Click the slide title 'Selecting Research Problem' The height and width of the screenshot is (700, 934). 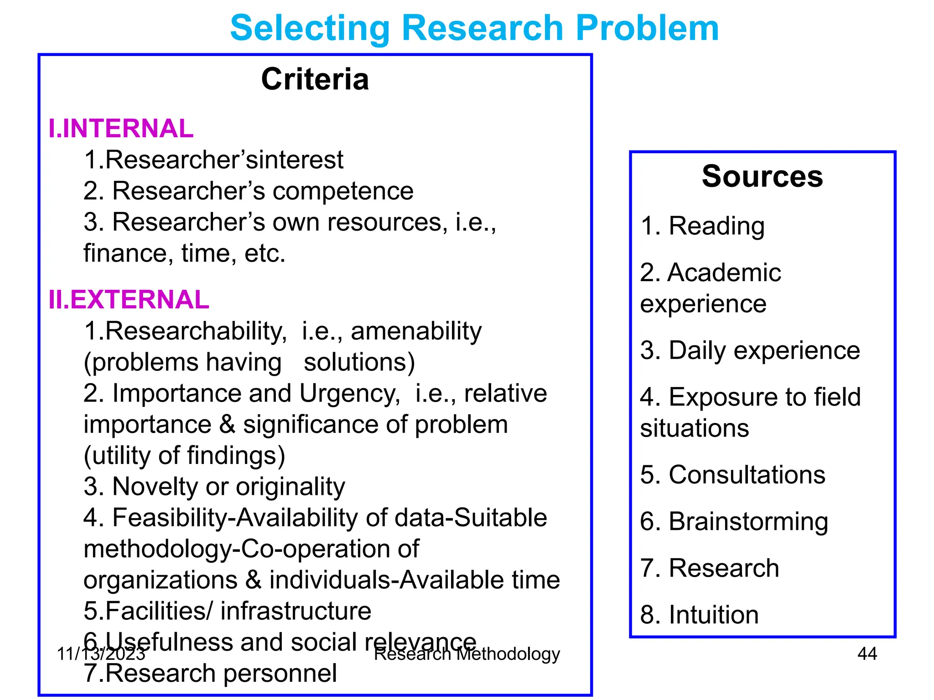coord(474,28)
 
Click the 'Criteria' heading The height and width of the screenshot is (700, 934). coord(315,79)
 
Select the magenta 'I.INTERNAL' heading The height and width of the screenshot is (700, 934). coord(121,129)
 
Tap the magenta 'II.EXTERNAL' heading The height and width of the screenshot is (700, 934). coord(129,300)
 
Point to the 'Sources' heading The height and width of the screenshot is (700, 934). coord(762,176)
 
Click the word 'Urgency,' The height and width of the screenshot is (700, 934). coord(350,393)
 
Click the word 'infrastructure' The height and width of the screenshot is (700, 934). coord(296,611)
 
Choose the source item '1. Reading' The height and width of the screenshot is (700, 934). coord(702,226)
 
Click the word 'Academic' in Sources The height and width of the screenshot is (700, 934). coord(724,273)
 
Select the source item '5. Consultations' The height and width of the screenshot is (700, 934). coord(732,475)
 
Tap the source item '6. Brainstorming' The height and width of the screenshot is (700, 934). coord(734,521)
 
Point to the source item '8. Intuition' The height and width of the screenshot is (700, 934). coord(699,615)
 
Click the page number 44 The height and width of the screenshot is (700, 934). coord(867,654)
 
